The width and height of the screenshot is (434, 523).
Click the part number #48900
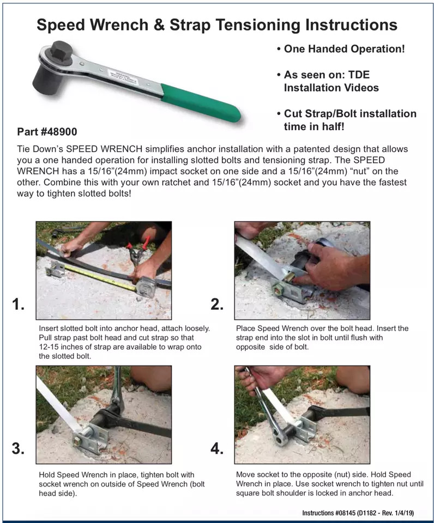pos(47,132)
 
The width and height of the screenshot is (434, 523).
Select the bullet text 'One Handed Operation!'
pos(345,49)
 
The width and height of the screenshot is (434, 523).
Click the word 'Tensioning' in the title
pos(250,25)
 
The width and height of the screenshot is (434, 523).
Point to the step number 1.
pos(18,305)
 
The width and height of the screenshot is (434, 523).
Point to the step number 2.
pos(217,305)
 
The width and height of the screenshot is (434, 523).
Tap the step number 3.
pos(18,448)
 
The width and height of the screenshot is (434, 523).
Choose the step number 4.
pos(217,448)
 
